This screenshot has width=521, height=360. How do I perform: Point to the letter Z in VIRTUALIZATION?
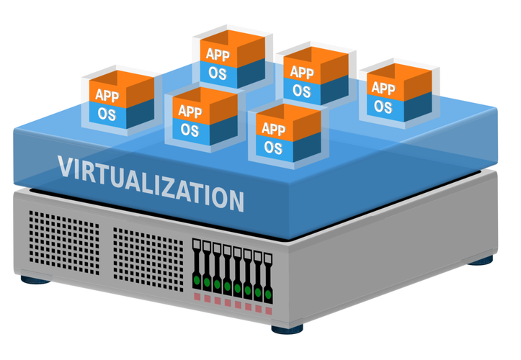tap(171, 187)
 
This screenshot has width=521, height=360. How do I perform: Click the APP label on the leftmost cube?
tap(107, 94)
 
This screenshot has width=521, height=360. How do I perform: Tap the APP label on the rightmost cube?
tap(383, 89)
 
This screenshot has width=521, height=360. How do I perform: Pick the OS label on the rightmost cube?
tap(383, 107)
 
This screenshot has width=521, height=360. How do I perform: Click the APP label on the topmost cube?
tap(218, 54)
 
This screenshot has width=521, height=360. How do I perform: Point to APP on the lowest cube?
tap(273, 130)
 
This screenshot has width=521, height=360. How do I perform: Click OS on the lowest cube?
tap(272, 148)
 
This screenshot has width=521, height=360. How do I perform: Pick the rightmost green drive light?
tap(267, 294)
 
